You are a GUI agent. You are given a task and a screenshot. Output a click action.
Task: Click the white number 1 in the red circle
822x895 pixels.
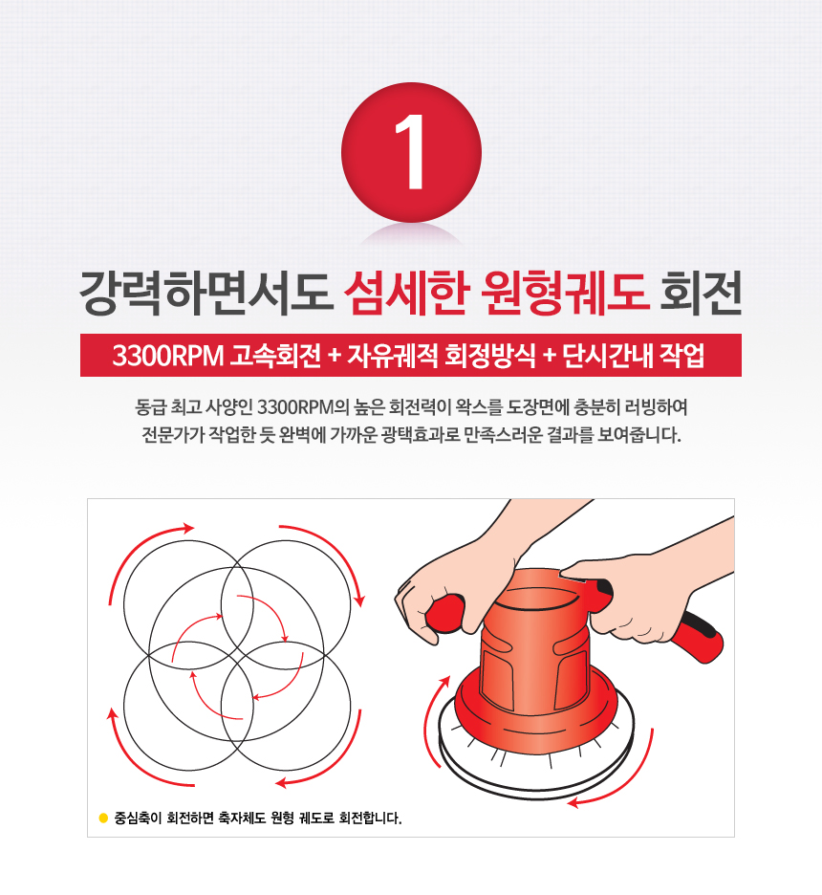coord(411,152)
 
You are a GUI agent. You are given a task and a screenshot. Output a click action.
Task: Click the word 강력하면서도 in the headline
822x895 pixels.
coord(205,293)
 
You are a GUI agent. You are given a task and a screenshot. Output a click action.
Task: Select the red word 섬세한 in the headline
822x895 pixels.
coord(406,293)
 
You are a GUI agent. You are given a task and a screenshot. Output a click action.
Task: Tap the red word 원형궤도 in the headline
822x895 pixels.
coord(565,293)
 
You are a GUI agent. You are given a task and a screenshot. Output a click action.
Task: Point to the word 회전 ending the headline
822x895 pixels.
coord(701,293)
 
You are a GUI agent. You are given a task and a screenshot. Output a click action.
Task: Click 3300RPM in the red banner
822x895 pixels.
coord(167,356)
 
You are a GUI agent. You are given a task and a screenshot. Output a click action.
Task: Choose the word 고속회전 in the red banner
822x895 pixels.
coord(275,356)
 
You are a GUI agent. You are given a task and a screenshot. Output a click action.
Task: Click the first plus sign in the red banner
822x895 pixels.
coord(335,356)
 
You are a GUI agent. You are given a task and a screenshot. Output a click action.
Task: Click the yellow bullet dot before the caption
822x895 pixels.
coord(103,818)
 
